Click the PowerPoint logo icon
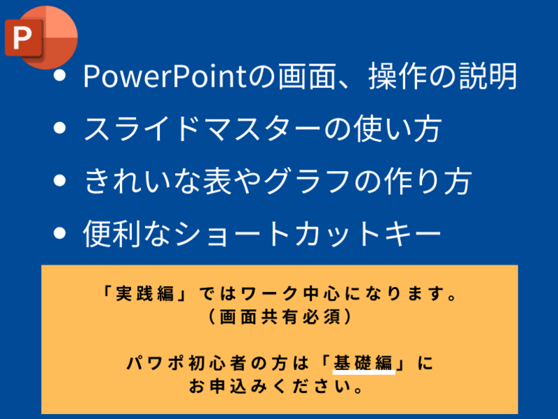41,38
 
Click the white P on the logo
22,38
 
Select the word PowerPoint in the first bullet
165,76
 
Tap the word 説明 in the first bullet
488,76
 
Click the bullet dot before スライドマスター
60,128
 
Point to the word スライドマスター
202,128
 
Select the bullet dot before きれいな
60,180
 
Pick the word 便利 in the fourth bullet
112,233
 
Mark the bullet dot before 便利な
60,233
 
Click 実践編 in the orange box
144,294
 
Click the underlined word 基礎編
363,363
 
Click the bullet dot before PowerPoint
60,75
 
